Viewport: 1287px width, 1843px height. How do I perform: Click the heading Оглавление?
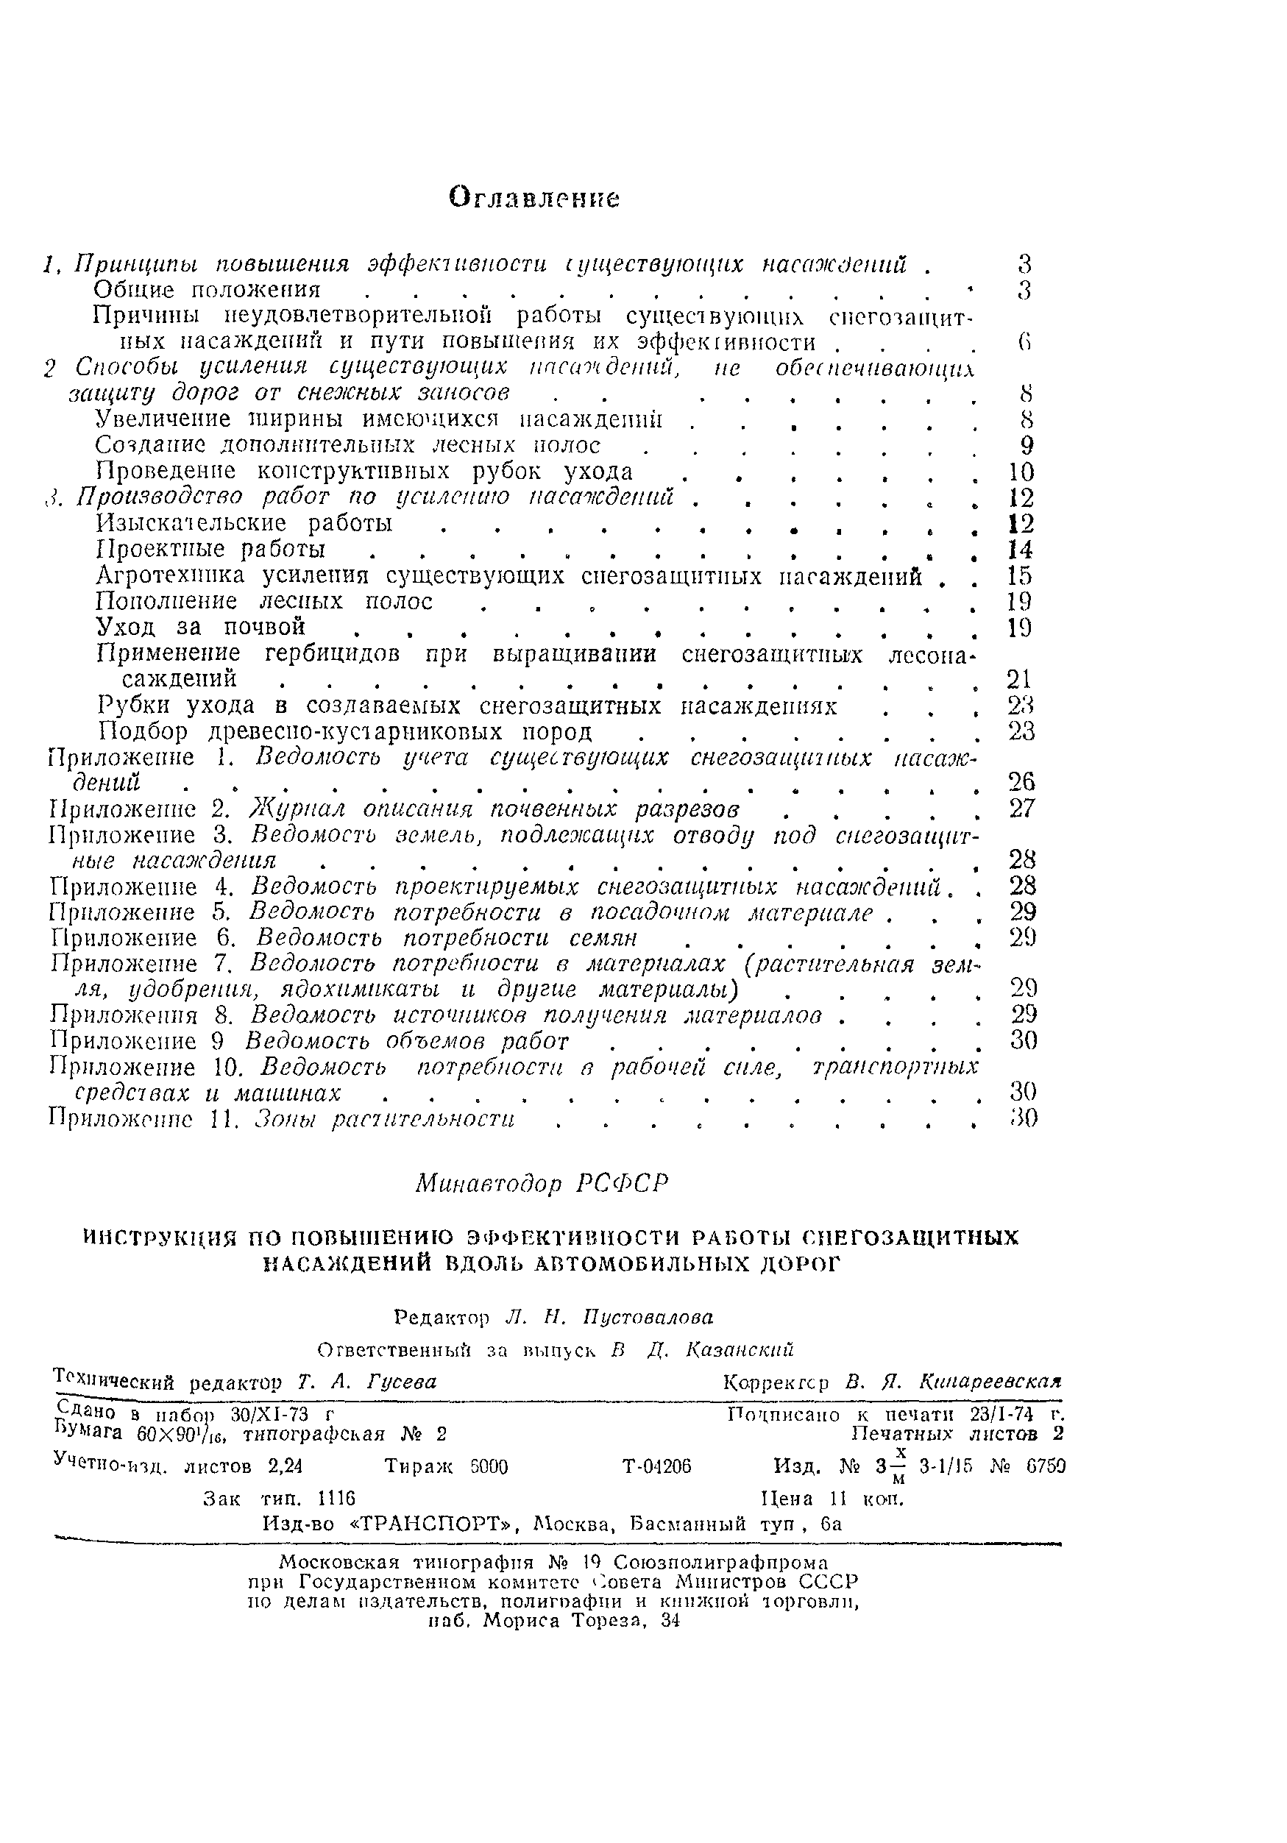[534, 196]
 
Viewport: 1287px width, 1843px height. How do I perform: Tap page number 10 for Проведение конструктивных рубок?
[1021, 471]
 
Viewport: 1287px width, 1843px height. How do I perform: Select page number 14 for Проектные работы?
[1020, 550]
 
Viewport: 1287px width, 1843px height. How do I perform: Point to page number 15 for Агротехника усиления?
[1020, 575]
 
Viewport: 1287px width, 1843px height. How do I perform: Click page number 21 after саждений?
[1019, 679]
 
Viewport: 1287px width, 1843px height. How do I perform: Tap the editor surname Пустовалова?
[648, 1318]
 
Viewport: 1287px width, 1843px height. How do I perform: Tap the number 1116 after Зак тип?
[336, 1498]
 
